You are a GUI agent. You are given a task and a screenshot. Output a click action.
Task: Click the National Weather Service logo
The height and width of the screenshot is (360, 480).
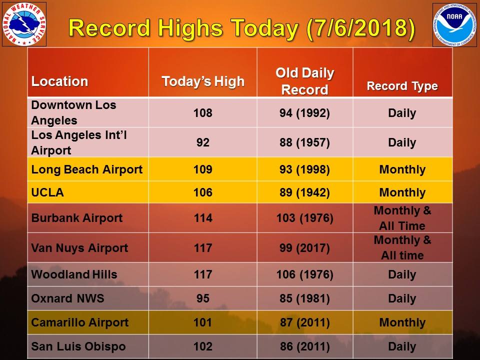coord(24,24)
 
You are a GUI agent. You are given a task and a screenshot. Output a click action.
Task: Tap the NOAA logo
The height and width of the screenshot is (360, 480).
coord(454,24)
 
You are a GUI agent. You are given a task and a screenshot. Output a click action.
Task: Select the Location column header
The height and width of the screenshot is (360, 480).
coord(59,81)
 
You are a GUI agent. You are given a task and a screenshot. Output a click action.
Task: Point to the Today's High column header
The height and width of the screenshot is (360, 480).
coord(203,81)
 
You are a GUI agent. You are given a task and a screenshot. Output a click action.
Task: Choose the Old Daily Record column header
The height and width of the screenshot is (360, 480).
coord(304,81)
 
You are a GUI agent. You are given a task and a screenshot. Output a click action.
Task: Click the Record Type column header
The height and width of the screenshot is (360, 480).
coord(402,86)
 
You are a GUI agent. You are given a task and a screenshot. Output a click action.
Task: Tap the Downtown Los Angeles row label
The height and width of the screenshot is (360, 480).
coord(73,113)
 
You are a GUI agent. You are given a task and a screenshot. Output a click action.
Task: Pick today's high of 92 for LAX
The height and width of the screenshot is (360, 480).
coord(202,142)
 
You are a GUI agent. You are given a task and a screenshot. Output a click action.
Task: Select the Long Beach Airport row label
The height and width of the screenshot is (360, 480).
coord(86,169)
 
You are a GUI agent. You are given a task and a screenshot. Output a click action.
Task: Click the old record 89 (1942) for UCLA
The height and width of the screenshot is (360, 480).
coord(304,193)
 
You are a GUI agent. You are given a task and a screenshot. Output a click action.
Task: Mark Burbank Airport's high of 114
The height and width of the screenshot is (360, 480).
coord(202,218)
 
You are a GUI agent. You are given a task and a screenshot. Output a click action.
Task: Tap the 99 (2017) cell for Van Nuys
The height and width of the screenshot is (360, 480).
coord(304,248)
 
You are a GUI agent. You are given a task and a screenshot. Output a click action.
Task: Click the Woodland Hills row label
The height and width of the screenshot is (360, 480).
coord(74,274)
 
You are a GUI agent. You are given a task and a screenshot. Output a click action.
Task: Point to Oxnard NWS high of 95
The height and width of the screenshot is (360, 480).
coord(202,298)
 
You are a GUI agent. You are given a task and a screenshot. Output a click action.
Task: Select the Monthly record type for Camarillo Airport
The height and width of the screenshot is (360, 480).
coord(402,322)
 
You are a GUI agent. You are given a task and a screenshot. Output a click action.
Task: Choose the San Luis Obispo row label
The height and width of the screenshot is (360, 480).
coord(78,346)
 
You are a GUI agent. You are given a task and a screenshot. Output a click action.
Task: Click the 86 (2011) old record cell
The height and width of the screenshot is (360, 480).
coord(304,346)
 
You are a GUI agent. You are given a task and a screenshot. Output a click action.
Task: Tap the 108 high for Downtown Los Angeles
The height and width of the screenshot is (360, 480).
coord(202,113)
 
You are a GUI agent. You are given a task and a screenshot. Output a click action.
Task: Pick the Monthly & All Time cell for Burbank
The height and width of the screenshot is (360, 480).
coord(402,218)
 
